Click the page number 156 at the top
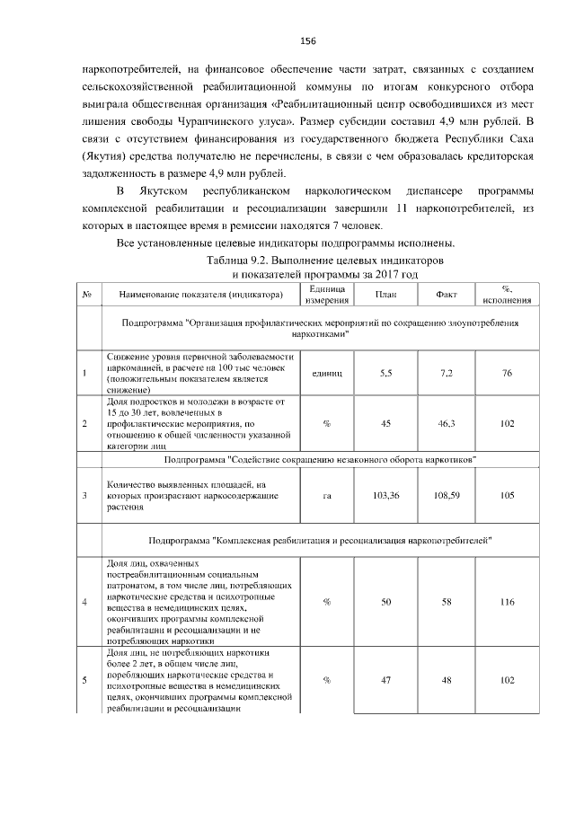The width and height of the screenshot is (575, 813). point(307,41)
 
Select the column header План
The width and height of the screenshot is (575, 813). point(385,295)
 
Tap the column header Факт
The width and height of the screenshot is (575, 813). point(446,295)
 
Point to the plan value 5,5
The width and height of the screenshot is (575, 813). point(385,373)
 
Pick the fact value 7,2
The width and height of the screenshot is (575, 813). point(446,373)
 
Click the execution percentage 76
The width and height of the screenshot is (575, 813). point(507,373)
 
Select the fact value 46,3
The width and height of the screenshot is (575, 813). point(446,422)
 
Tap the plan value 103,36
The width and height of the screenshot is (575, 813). point(385,495)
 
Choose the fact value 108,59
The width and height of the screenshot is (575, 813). point(446,495)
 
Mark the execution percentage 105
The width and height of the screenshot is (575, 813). point(507,495)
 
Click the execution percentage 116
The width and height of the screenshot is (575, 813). point(507,601)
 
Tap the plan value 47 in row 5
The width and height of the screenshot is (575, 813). point(385,680)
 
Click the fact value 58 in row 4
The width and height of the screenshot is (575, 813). point(446,601)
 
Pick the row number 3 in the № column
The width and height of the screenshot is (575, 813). point(84,495)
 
